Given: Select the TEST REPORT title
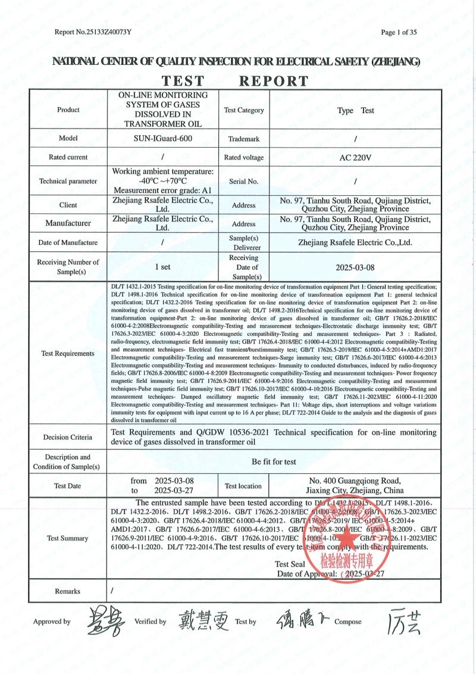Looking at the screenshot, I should click(236, 81).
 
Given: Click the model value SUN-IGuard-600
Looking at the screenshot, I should click(162, 138).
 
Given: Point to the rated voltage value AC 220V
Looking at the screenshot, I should click(355, 158).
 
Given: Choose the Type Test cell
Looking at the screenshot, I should click(355, 110).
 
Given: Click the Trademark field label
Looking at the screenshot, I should click(244, 139).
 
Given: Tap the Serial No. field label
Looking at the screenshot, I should click(244, 181).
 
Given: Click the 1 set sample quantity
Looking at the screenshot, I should click(162, 267).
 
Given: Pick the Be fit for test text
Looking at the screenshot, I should click(274, 461).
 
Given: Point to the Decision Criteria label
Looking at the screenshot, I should click(68, 437).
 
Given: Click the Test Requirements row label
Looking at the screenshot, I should click(68, 354).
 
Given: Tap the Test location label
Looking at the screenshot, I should click(243, 486).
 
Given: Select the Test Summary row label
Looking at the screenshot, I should click(68, 539).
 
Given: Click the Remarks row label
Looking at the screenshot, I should click(67, 591).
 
